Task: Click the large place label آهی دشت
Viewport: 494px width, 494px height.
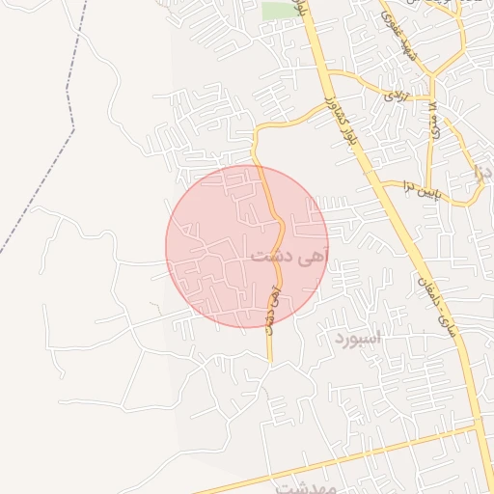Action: pos(288,257)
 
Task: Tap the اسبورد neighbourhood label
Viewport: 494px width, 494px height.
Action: pos(359,340)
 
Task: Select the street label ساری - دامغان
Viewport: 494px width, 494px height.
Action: pos(449,302)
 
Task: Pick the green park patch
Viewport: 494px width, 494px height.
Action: pos(279,11)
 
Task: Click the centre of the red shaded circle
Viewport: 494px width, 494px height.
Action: pos(247,247)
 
